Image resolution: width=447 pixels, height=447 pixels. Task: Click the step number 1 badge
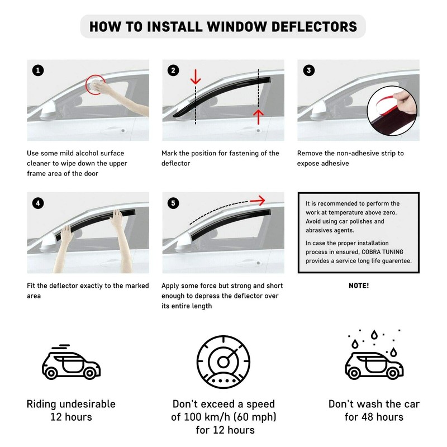tap(37, 70)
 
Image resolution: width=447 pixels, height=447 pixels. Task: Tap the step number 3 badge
tap(308, 70)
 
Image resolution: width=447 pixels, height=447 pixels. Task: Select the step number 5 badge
tap(173, 203)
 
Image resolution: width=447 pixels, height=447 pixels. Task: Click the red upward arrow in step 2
tap(258, 116)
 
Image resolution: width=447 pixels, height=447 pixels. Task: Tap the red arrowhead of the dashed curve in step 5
tap(258, 200)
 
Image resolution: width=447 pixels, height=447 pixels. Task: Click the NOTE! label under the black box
tap(358, 286)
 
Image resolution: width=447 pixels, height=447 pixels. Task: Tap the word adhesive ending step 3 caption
tap(334, 163)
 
